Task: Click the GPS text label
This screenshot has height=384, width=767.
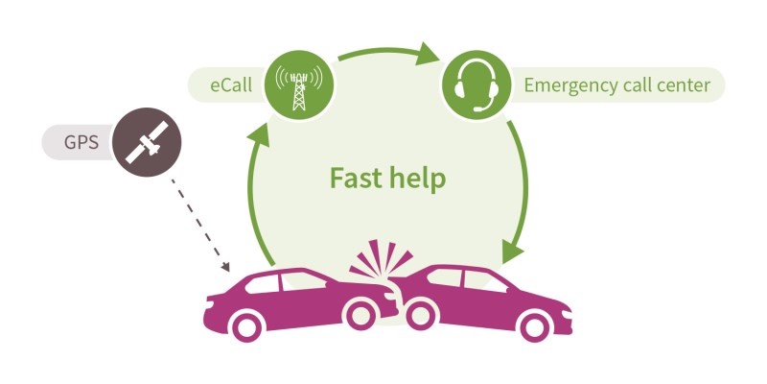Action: click(81, 142)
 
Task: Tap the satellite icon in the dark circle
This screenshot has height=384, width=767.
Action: click(147, 142)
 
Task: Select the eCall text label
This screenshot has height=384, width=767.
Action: click(231, 85)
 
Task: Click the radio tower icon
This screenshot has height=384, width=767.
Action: click(299, 86)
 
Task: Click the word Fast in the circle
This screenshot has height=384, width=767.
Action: click(353, 178)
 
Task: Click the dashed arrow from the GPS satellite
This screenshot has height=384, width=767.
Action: click(200, 225)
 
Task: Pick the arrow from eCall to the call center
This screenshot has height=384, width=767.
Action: click(389, 53)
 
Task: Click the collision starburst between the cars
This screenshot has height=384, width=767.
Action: click(380, 258)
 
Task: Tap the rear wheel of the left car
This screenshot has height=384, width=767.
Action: click(246, 326)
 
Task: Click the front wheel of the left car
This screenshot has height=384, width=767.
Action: click(360, 314)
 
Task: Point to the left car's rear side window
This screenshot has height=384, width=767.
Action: click(262, 283)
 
